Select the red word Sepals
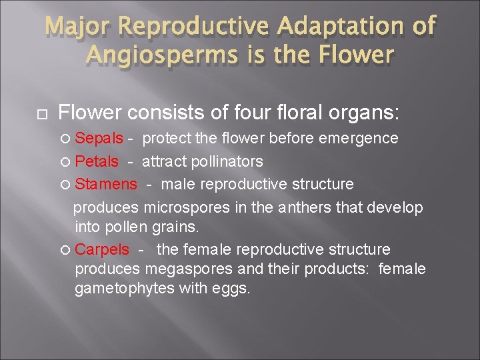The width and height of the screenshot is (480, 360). click(99, 139)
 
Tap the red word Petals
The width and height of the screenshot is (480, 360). click(97, 161)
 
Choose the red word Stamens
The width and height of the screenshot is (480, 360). click(106, 184)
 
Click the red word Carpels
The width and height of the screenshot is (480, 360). click(102, 249)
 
